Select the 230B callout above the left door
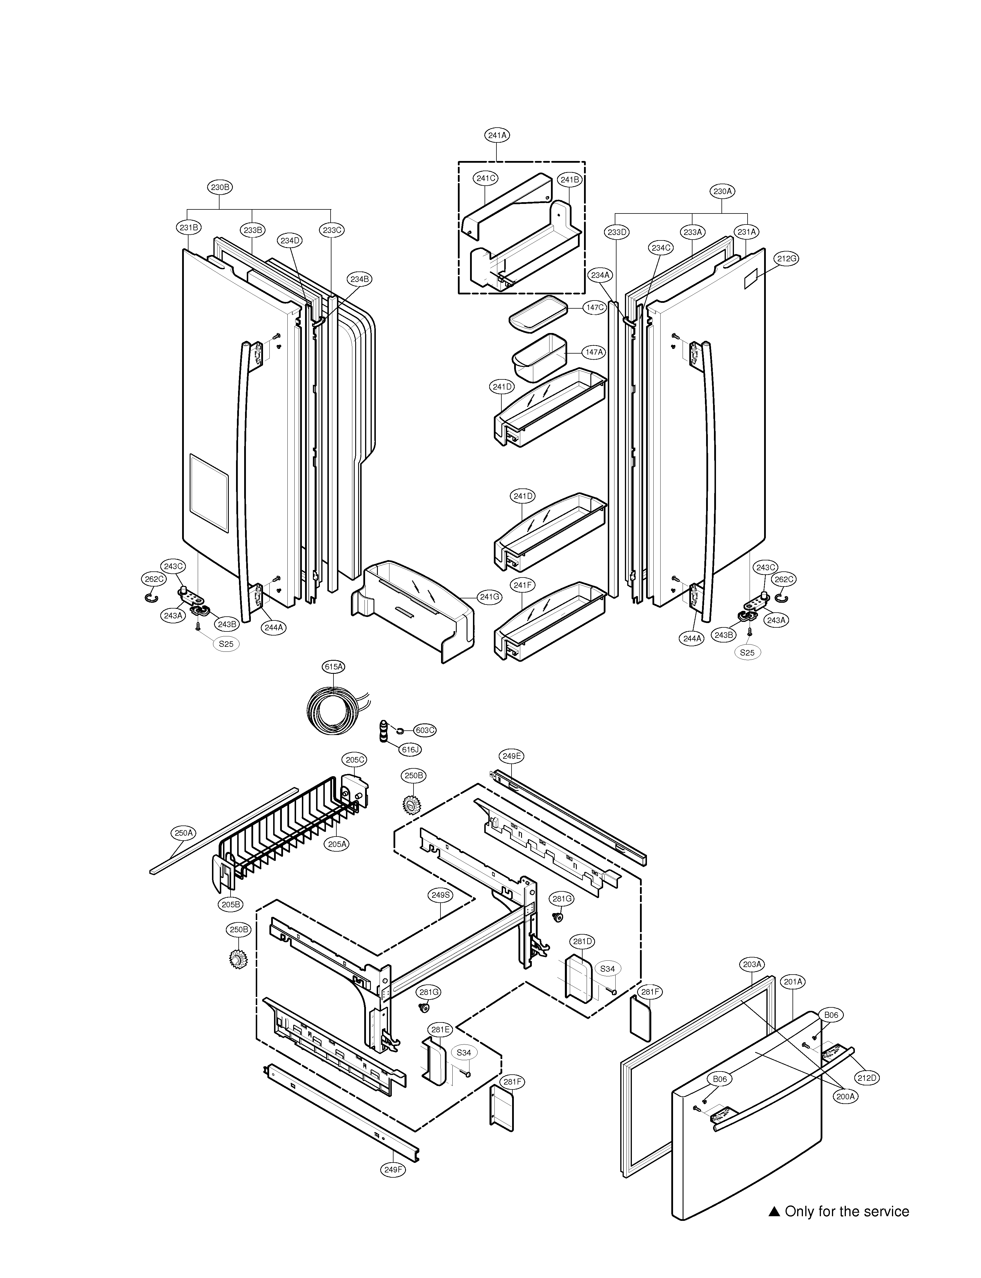(x=220, y=187)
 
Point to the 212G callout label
(x=786, y=258)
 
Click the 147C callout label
(x=595, y=307)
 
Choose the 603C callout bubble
(x=425, y=730)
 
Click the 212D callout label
(x=867, y=1078)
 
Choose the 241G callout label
(x=489, y=597)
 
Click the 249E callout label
(x=512, y=756)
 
